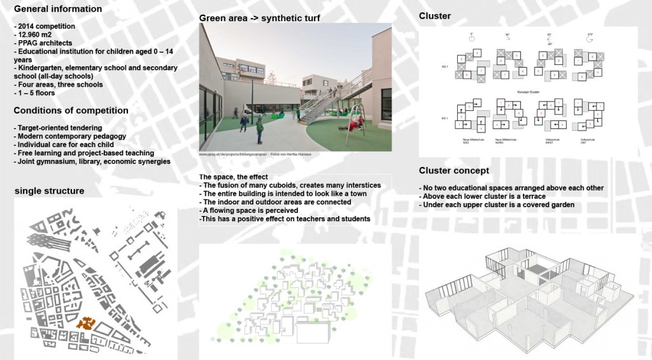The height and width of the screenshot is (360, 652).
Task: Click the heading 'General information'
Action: (x=57, y=10)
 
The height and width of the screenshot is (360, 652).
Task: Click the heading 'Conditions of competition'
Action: (x=71, y=111)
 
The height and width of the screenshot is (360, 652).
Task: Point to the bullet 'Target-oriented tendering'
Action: (x=57, y=128)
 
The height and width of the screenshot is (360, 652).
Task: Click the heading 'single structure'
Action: (x=49, y=191)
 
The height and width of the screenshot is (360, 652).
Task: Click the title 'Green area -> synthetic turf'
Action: (x=260, y=18)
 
